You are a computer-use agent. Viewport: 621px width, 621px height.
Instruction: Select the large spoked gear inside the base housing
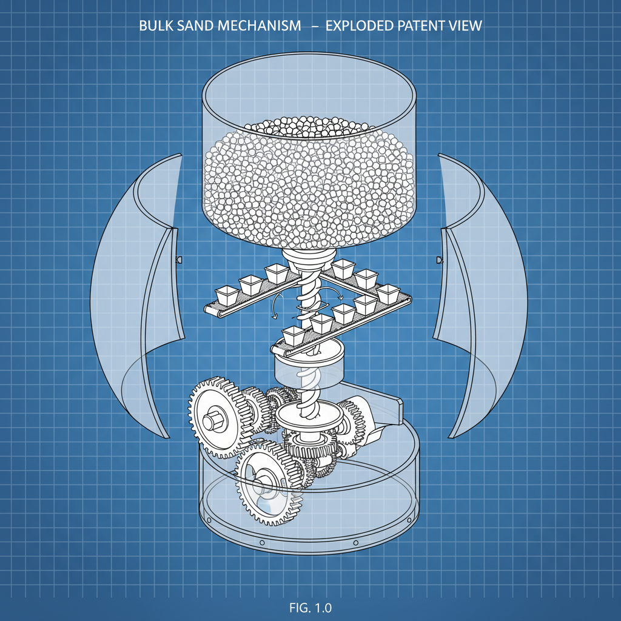267,482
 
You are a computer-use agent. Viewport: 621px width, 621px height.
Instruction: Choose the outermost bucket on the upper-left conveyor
229,295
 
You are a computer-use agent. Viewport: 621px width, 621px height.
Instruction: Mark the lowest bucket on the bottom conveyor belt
293,335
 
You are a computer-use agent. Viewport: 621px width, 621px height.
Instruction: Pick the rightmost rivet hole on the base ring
411,520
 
